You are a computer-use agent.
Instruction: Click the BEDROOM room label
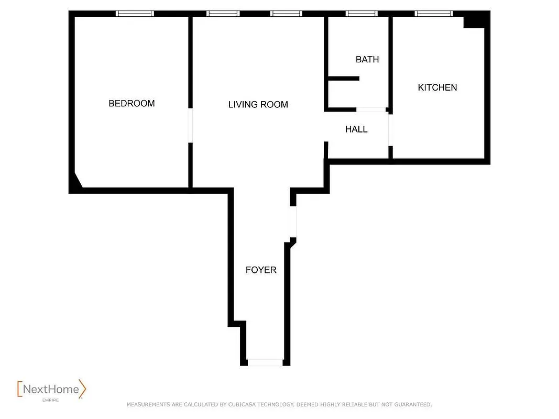pyautogui.click(x=131, y=103)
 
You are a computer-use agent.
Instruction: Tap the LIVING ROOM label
pyautogui.click(x=258, y=104)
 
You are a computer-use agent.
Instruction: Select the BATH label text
pyautogui.click(x=367, y=59)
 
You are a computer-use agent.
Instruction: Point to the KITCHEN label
pyautogui.click(x=437, y=87)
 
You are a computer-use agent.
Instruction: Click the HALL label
pyautogui.click(x=356, y=129)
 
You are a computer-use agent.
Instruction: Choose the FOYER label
pyautogui.click(x=261, y=270)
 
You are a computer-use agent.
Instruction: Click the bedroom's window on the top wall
pyautogui.click(x=135, y=14)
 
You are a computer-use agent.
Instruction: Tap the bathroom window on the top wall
pyautogui.click(x=361, y=14)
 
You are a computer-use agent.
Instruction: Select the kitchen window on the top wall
pyautogui.click(x=433, y=14)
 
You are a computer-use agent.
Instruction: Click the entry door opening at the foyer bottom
pyautogui.click(x=265, y=362)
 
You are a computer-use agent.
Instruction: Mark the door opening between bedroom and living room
pyautogui.click(x=191, y=126)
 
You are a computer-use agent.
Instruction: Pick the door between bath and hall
pyautogui.click(x=371, y=109)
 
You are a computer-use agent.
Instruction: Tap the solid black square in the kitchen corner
pyautogui.click(x=475, y=20)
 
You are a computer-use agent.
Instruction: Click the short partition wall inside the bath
pyautogui.click(x=343, y=79)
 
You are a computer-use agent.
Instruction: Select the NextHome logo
pyautogui.click(x=52, y=389)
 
